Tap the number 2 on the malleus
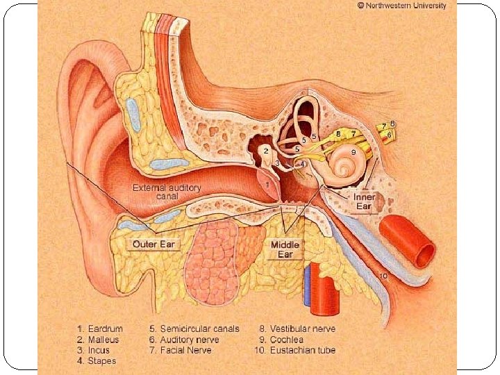[266, 150]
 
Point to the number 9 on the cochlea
[353, 151]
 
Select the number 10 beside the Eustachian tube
[383, 276]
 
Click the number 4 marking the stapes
[301, 164]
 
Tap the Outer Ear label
[155, 244]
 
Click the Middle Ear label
[285, 249]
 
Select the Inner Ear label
[364, 201]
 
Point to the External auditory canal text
[167, 192]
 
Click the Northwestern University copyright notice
[402, 5]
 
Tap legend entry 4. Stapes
[97, 360]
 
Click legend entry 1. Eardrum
[101, 329]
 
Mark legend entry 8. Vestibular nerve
[297, 329]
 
